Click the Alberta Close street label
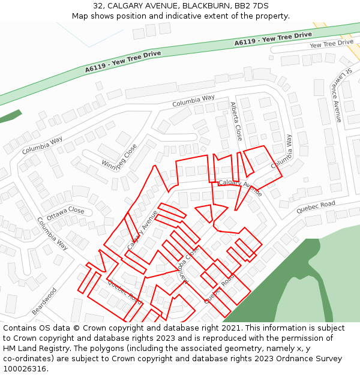pyautogui.click(x=236, y=121)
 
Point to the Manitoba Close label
pyautogui.click(x=190, y=265)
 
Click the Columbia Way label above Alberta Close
pyautogui.click(x=193, y=100)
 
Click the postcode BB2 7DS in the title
pyautogui.click(x=253, y=5)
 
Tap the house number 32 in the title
pyautogui.click(x=98, y=5)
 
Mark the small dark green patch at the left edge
pyautogui.click(x=10, y=116)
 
